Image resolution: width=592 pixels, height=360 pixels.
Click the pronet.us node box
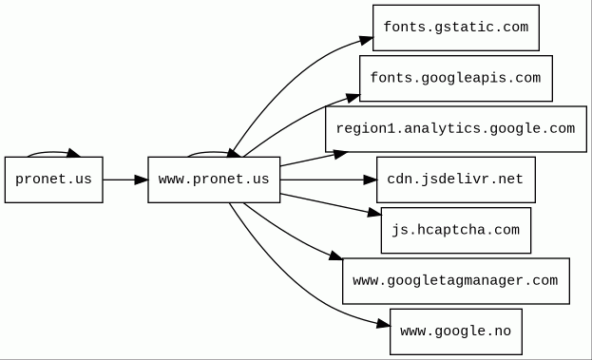(53, 180)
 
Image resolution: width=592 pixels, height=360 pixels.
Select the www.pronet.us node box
(214, 180)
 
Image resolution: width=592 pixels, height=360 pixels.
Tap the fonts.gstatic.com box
(456, 28)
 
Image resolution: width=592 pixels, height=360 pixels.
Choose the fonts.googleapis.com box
(456, 79)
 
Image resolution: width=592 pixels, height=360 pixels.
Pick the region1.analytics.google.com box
(456, 129)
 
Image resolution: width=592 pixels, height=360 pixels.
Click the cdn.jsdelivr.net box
(456, 180)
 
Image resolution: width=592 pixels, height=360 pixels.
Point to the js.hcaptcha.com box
(456, 230)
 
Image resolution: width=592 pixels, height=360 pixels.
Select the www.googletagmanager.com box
(456, 281)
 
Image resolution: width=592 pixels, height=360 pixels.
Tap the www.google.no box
(456, 332)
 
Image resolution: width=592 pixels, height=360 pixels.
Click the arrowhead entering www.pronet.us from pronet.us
(142, 180)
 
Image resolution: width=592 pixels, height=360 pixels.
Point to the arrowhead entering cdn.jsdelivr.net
(370, 180)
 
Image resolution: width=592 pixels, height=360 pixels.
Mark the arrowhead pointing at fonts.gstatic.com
(366, 40)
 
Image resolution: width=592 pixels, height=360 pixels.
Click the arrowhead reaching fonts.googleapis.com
(353, 98)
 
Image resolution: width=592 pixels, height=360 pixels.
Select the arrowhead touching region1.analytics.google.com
(340, 154)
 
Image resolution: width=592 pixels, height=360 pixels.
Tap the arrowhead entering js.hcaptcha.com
(374, 213)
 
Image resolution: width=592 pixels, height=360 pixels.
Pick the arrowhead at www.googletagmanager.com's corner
(335, 256)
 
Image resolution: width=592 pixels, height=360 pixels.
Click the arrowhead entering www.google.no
(383, 324)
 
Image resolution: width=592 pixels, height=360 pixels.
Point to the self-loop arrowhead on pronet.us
(73, 153)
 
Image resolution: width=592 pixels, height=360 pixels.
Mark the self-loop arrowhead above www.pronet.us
(234, 153)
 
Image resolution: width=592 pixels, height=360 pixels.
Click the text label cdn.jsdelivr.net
(455, 179)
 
